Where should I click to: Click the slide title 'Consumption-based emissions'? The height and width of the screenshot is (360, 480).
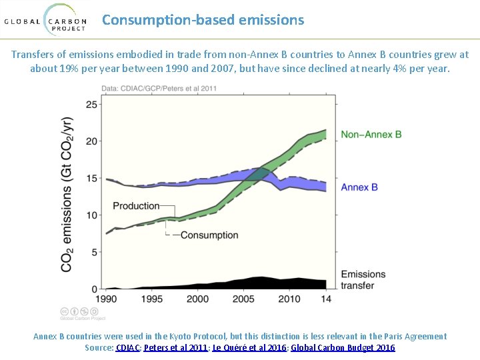tap(203, 20)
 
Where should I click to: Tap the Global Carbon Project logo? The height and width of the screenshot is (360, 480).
tap(45, 20)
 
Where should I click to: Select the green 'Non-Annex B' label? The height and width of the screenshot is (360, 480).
tap(371, 135)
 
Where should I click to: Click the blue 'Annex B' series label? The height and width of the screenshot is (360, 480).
tap(359, 187)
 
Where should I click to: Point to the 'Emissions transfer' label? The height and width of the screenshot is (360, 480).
tap(363, 280)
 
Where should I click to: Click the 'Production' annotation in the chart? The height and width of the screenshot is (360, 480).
tap(136, 206)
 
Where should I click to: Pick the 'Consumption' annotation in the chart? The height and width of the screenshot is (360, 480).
tap(209, 235)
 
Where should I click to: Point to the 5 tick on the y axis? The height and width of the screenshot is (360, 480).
tap(94, 252)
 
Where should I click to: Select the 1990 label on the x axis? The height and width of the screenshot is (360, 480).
tap(107, 299)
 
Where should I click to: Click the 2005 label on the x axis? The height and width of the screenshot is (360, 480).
tap(243, 299)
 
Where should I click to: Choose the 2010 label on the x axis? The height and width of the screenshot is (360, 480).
tap(289, 299)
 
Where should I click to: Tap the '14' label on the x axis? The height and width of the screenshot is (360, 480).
tap(326, 299)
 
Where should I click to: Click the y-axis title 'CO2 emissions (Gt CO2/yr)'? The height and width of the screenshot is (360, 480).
tap(67, 194)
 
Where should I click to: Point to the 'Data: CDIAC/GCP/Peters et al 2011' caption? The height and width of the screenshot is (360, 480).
tap(159, 89)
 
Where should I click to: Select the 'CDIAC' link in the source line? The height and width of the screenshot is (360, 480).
tap(128, 348)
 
